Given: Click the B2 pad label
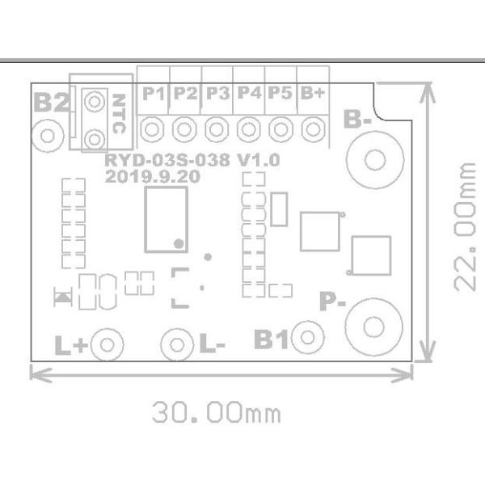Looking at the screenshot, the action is [x=52, y=102].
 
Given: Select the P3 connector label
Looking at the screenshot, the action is [x=218, y=93].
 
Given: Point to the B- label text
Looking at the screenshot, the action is [x=357, y=120].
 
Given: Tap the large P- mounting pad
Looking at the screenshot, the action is [x=374, y=327].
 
